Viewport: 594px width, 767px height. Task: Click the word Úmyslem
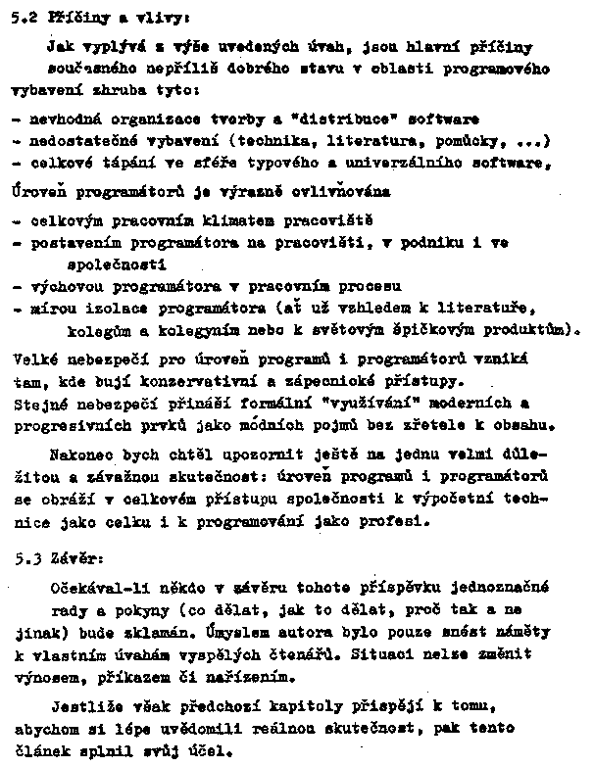tap(210, 633)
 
